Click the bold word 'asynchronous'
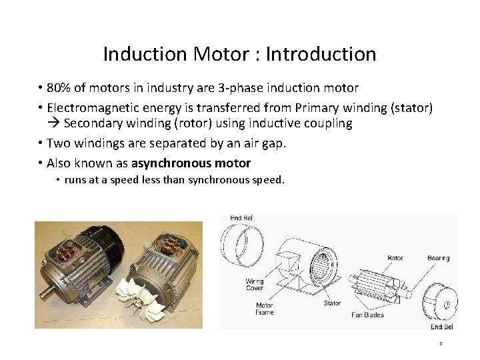coord(170,163)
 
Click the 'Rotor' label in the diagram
coord(395,258)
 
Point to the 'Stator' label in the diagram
coord(332,303)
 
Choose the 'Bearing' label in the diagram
coord(438,258)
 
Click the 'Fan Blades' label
coord(367,315)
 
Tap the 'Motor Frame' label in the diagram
coord(264,309)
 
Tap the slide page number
coord(441,344)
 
